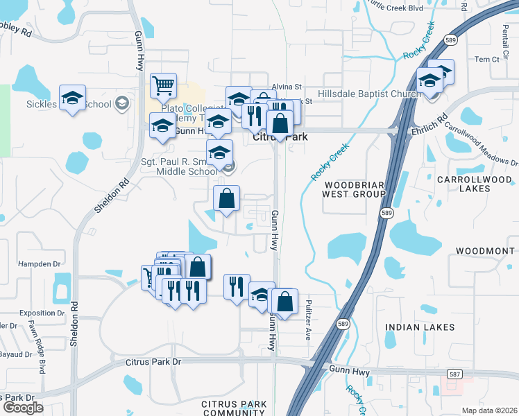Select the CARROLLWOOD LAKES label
coord(473,184)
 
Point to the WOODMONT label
coord(486,250)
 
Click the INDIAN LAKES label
coord(420,327)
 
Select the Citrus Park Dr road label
coord(153,362)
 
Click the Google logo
coord(23,408)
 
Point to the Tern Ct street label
coord(486,60)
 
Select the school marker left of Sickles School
coord(72,99)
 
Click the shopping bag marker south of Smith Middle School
coord(226,200)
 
